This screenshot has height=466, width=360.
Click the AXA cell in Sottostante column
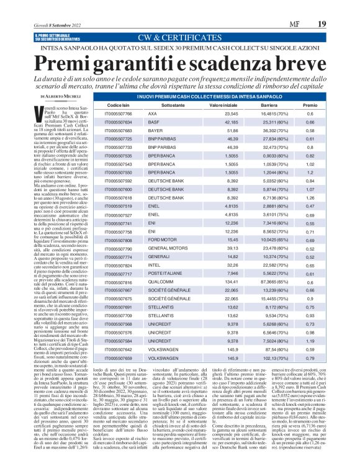point(152,115)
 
